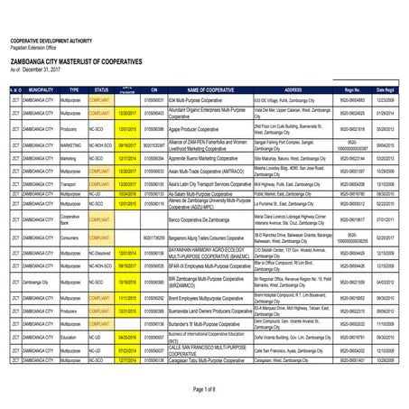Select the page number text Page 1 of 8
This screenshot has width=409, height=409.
(x=205, y=388)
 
